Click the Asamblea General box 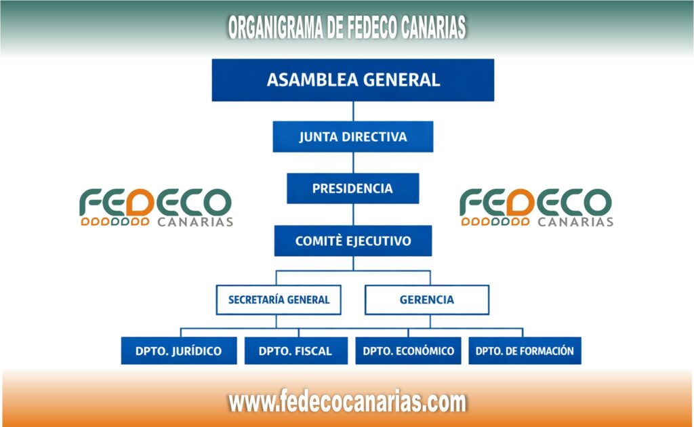click(x=352, y=80)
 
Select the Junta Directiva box click(x=352, y=136)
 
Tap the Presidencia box click(x=352, y=188)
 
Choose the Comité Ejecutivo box click(x=352, y=241)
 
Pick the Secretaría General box click(x=279, y=299)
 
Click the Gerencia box click(x=426, y=299)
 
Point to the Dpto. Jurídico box click(x=179, y=351)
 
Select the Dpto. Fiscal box click(x=295, y=351)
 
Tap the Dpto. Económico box click(x=408, y=351)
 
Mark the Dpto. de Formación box click(x=525, y=351)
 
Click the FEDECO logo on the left click(x=155, y=207)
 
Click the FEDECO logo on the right click(x=535, y=207)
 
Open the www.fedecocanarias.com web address click(x=347, y=402)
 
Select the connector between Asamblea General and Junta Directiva click(x=352, y=111)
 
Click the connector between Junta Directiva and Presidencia click(x=352, y=163)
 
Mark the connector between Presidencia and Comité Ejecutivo click(x=352, y=214)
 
